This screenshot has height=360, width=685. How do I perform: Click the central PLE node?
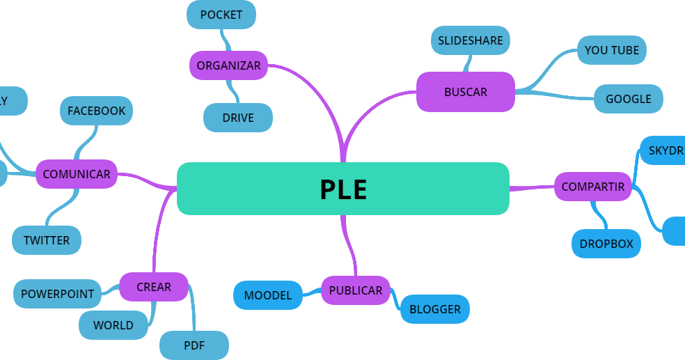click(x=343, y=189)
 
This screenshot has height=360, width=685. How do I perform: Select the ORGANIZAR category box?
click(x=228, y=65)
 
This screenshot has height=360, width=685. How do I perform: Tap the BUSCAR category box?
click(x=465, y=92)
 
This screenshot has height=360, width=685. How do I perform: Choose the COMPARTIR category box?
click(x=593, y=187)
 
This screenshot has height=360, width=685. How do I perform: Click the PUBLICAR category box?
click(x=355, y=290)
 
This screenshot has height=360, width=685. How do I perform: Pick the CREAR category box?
click(x=154, y=287)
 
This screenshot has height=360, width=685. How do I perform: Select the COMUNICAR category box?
click(x=77, y=174)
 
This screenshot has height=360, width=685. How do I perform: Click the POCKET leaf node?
click(x=221, y=15)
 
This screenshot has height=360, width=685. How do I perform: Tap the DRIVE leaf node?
click(x=238, y=118)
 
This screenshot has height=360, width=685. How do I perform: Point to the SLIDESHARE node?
click(x=471, y=40)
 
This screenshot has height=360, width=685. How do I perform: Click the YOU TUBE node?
click(x=612, y=50)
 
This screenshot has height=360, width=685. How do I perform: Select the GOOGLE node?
click(x=628, y=99)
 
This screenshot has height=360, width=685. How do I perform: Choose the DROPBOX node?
click(x=606, y=244)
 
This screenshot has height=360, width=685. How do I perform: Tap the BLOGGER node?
click(x=434, y=309)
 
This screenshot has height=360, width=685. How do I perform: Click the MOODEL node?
click(x=268, y=295)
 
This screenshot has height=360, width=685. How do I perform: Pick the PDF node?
click(x=194, y=345)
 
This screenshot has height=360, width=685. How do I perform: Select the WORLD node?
click(x=113, y=325)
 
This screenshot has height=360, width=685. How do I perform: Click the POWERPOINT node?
click(x=57, y=294)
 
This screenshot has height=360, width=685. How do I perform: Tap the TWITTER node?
click(x=47, y=240)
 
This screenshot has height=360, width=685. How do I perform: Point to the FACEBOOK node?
click(x=96, y=111)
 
